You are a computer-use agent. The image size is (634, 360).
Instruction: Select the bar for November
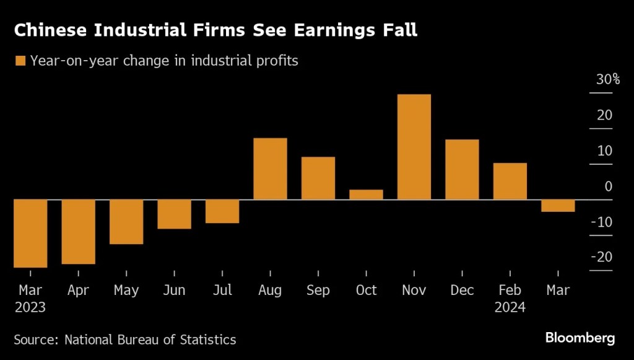click(414, 147)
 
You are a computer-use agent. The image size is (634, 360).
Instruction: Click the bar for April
click(78, 232)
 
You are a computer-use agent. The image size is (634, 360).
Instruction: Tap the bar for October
click(366, 195)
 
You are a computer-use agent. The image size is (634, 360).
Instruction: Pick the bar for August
click(271, 169)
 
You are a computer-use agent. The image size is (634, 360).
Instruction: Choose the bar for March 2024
click(558, 206)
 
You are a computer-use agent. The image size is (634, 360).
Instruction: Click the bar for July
click(222, 211)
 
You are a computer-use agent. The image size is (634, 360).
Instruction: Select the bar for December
click(462, 169)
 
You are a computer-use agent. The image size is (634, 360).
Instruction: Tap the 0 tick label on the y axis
click(608, 186)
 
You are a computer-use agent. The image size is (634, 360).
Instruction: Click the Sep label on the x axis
click(318, 290)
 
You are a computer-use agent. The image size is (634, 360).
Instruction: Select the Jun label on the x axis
click(174, 290)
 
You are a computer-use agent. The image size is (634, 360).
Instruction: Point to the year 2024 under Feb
click(510, 307)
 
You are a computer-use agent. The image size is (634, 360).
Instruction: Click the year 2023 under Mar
click(30, 307)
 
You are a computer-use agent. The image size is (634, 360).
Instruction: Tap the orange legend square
click(20, 61)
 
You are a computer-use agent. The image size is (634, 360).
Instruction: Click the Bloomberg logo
click(580, 338)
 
